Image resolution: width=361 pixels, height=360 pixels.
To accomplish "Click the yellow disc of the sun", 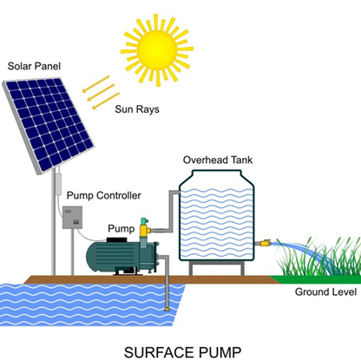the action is tap(157, 49).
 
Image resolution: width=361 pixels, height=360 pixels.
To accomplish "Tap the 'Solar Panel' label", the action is tap(34, 66).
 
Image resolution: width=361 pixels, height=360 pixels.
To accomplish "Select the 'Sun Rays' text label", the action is tap(137, 109).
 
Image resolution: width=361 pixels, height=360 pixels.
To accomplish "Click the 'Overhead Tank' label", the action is tap(218, 160).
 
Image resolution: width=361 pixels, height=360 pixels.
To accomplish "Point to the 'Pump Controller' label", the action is tap(103, 195).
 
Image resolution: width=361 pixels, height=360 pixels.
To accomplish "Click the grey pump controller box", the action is tap(72, 218).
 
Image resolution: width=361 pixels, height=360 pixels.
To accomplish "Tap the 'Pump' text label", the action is tap(121, 229).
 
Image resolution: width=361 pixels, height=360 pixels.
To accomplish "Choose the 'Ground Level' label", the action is tap(325, 291).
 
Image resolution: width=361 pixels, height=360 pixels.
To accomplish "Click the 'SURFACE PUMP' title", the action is tap(182, 352).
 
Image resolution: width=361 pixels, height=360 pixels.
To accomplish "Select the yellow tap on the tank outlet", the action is tap(265, 243).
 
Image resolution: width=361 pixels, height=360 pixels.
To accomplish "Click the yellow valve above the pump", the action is tap(144, 231).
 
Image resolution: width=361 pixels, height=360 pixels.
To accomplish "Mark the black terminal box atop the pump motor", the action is tap(117, 239).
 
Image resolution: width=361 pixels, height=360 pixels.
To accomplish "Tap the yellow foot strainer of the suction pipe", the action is tap(167, 310).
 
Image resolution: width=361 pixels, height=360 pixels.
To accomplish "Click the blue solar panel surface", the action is tap(49, 124).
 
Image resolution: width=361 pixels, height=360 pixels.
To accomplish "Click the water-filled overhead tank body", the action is tap(217, 219).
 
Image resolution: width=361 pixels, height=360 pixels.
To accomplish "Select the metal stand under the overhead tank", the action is tap(217, 268).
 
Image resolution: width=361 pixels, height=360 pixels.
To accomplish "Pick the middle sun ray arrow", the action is tap(101, 93).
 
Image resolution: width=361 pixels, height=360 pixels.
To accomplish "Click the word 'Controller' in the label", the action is tap(119, 195).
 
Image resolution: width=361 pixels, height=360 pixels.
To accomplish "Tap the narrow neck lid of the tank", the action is tap(217, 173).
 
